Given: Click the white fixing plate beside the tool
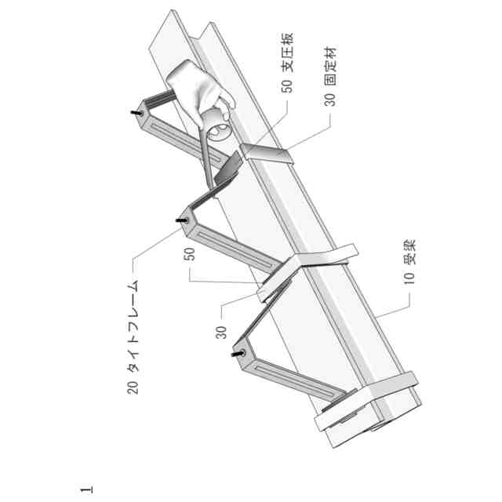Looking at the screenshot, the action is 267,152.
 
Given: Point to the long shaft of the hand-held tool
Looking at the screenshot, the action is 202,157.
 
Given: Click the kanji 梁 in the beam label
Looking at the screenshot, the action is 409,253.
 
